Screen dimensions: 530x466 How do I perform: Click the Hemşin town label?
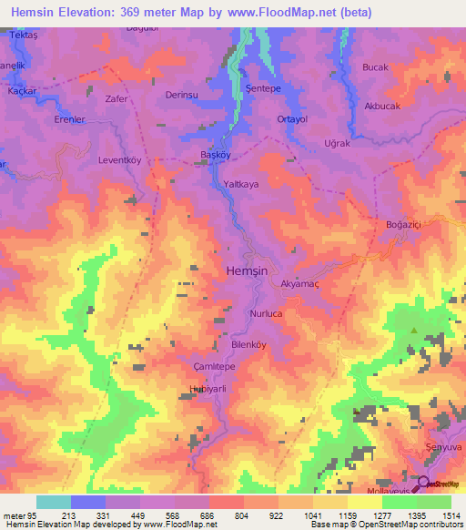tap(246, 271)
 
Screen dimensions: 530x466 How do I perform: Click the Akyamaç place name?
tap(300, 284)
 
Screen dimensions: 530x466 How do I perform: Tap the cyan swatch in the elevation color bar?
tap(54, 502)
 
